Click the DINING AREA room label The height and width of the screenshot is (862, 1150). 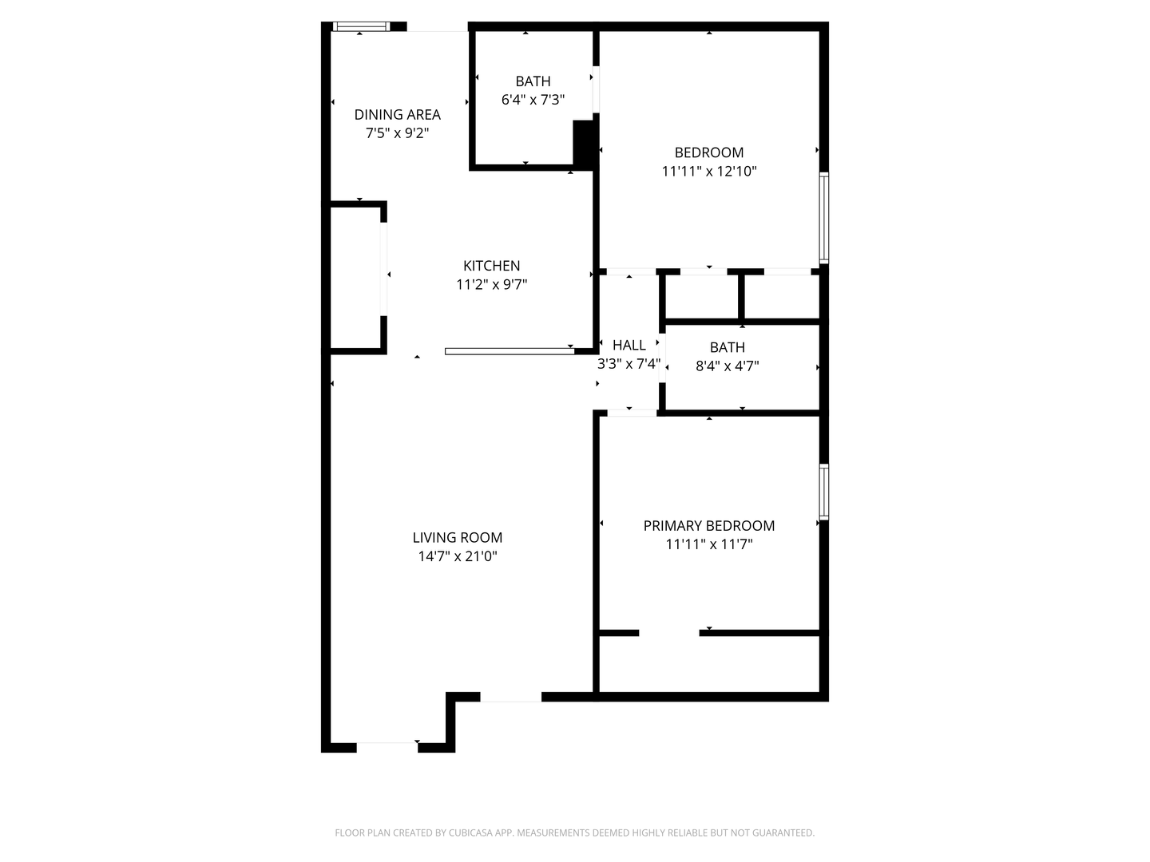tap(397, 114)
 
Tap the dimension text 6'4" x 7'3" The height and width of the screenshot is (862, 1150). tap(533, 100)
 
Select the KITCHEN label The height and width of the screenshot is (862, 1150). tap(491, 266)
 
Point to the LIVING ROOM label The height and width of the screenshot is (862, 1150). tap(457, 538)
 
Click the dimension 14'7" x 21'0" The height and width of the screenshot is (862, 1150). tap(457, 556)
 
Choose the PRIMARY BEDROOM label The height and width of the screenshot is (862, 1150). tap(708, 526)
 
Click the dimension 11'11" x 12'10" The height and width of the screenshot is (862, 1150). tap(708, 171)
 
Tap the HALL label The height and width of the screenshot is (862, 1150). tap(629, 345)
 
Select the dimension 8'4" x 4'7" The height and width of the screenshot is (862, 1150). tap(727, 366)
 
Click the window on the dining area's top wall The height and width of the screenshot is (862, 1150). tap(361, 26)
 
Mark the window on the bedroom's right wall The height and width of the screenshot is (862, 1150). tap(824, 217)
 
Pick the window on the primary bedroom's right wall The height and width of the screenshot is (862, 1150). tap(824, 492)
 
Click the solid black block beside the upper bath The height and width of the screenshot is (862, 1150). tap(585, 144)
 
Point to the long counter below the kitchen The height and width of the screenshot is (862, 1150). tap(510, 351)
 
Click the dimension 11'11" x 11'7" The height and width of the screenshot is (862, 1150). tap(708, 544)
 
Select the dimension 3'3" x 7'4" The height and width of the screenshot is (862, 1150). tap(629, 364)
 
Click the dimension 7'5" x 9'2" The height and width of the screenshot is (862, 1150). tap(397, 133)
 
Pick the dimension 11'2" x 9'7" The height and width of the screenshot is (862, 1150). tap(491, 284)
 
